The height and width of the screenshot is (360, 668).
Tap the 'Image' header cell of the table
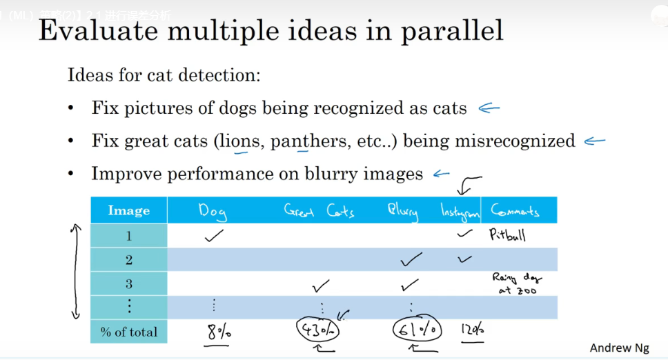pos(128,211)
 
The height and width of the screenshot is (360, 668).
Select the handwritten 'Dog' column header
pos(213,211)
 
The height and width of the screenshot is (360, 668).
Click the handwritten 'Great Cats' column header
pos(319,210)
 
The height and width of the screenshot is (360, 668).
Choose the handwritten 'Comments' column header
pos(515,210)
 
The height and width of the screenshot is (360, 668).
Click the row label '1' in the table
pos(128,236)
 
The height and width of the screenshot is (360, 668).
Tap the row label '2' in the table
pos(128,260)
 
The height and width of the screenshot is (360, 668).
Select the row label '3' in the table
pos(128,283)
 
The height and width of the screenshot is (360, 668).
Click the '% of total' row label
pos(128,332)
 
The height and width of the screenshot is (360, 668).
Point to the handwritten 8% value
pos(219,332)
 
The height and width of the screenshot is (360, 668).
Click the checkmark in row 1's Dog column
pos(215,236)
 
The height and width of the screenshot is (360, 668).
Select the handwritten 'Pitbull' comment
pos(507,235)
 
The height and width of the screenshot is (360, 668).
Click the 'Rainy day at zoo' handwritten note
pos(516,283)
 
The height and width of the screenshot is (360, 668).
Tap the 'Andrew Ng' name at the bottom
pos(619,348)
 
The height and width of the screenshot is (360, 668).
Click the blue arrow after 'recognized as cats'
pos(489,108)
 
